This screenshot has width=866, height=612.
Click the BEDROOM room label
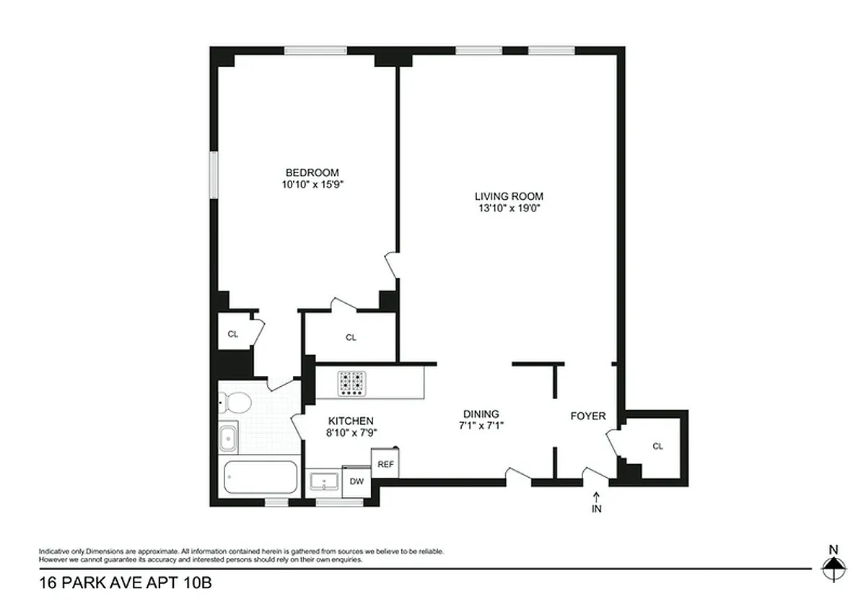[312, 172]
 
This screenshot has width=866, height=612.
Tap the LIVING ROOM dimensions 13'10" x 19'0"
[509, 209]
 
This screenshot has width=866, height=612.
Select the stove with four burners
[351, 383]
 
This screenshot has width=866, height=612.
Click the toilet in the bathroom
[235, 402]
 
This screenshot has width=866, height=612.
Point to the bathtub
[261, 477]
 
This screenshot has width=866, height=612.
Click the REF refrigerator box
[385, 463]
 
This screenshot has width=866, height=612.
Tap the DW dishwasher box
[357, 481]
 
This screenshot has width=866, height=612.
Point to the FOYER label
[588, 416]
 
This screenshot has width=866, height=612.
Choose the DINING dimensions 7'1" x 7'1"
[481, 426]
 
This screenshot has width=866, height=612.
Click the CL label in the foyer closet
[657, 446]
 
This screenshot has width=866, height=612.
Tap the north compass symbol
[834, 568]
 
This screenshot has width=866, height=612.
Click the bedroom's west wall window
[214, 175]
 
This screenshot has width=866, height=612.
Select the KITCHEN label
[351, 421]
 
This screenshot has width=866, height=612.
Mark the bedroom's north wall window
[315, 51]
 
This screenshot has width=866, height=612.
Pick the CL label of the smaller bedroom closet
[232, 334]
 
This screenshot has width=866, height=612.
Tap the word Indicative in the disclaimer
[55, 551]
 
